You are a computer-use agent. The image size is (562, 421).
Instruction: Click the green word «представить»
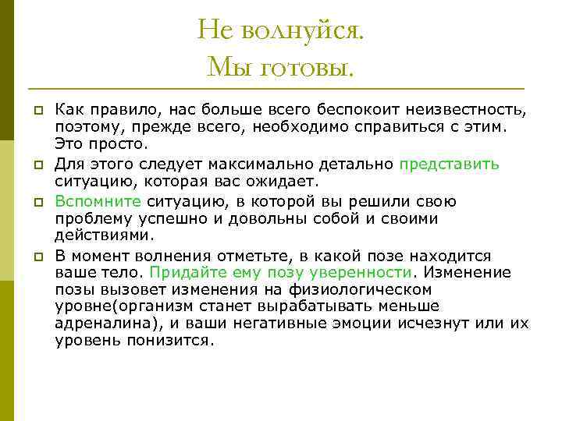[449, 164]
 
